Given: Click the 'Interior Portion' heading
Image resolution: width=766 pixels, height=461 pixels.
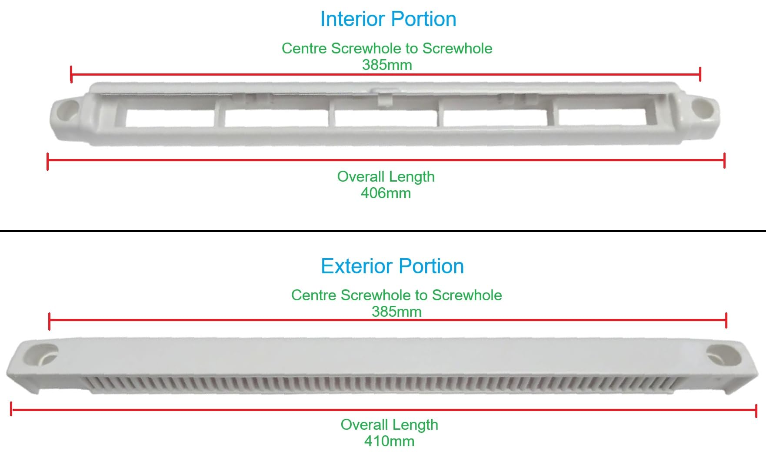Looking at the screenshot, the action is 388,19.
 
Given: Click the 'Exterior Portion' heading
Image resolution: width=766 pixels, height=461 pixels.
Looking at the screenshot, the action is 392,266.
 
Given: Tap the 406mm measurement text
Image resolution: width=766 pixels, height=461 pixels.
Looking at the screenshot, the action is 386,193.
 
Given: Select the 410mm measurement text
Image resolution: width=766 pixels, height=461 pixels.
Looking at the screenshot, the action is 389,441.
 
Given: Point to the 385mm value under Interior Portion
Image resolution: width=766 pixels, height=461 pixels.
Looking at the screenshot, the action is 387,65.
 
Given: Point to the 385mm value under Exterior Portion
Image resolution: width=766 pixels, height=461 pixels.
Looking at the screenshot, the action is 396,312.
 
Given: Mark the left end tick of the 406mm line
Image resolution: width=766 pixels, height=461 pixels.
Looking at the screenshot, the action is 47,161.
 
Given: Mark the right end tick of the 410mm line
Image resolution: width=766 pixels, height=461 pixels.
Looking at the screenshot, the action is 756,411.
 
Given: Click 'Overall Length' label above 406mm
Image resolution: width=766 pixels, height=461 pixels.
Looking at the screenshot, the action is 386,177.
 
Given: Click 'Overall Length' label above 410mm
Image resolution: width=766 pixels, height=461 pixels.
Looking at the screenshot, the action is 390,425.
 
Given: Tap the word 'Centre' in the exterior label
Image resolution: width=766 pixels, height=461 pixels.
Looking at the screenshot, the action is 314,295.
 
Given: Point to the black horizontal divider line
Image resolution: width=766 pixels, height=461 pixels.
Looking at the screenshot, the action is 383,231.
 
